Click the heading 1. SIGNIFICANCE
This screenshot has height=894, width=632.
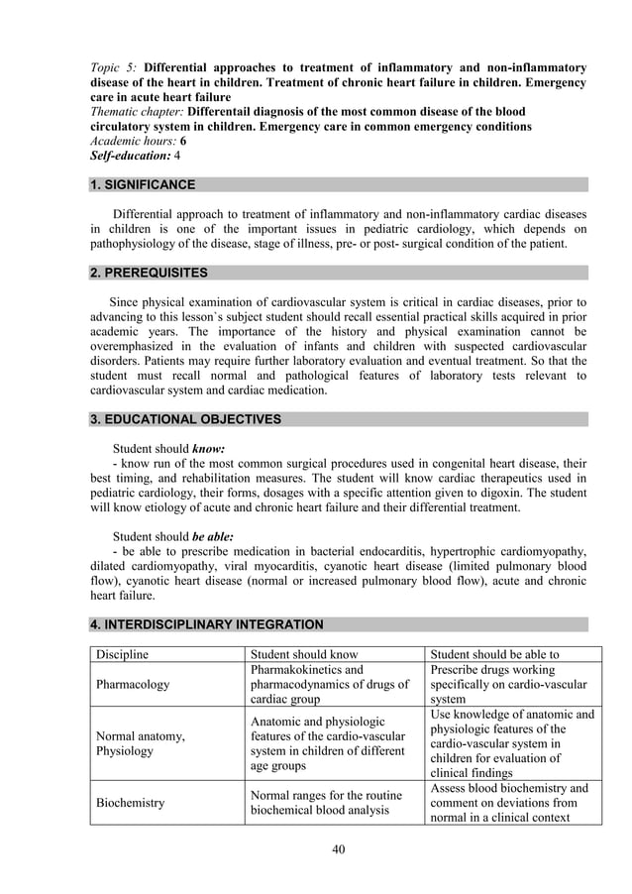pyautogui.click(x=143, y=184)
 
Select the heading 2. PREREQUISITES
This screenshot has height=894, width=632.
pyautogui.click(x=149, y=273)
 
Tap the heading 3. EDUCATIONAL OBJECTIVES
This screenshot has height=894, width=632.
pyautogui.click(x=185, y=419)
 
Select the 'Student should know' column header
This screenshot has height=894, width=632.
pyautogui.click(x=304, y=654)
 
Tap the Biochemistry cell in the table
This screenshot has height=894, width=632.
pyautogui.click(x=130, y=803)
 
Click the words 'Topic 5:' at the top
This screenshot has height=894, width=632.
pyautogui.click(x=114, y=67)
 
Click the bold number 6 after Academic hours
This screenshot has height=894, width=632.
pyautogui.click(x=183, y=142)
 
